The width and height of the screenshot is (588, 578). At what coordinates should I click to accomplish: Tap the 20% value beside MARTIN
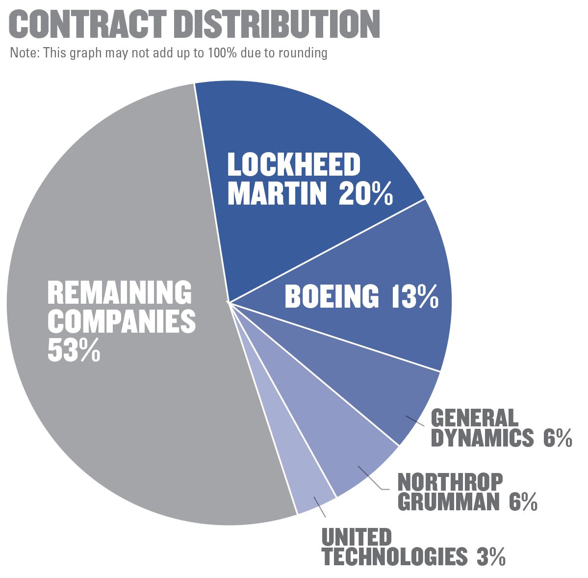[x=365, y=194]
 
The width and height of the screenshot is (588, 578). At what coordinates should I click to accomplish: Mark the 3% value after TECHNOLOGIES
[x=490, y=556]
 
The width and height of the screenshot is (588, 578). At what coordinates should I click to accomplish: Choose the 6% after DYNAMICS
[x=557, y=438]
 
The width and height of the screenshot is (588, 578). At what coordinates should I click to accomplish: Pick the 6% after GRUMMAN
[x=522, y=502]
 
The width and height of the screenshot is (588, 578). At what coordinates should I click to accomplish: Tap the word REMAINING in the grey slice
[x=119, y=293]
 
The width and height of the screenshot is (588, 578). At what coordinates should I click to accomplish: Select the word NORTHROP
[x=450, y=482]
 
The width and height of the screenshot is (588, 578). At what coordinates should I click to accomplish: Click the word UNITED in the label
[x=357, y=537]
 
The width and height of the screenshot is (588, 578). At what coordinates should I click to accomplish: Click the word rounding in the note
[x=303, y=53]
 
